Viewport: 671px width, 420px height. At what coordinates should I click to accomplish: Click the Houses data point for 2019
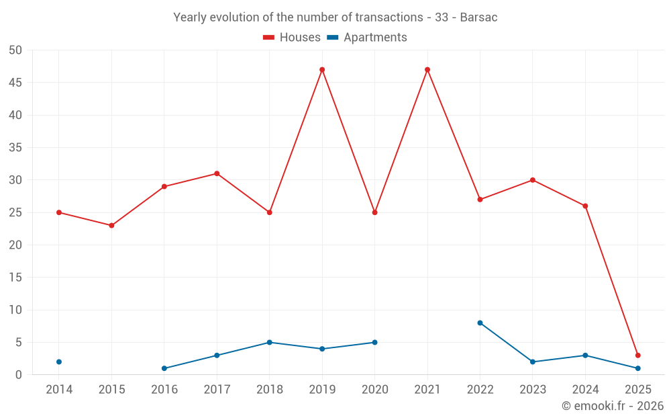[x=322, y=70]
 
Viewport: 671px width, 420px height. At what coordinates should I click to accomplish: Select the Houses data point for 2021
[x=427, y=70]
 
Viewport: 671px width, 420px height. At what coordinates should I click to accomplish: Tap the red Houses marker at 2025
[x=637, y=355]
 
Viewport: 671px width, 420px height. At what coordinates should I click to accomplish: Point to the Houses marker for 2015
[x=111, y=226]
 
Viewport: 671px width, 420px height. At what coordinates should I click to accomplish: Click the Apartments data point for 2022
[x=480, y=323]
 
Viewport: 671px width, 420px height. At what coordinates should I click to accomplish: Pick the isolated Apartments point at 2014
[x=59, y=362]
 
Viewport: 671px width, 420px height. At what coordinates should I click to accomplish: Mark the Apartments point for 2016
[x=164, y=368]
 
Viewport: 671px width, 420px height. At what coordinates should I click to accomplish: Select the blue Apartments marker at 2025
[x=637, y=368]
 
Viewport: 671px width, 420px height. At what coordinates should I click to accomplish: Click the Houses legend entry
[x=292, y=38]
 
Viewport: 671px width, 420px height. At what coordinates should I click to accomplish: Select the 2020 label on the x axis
[x=374, y=390]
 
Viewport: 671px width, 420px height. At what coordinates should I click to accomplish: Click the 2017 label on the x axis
[x=217, y=390]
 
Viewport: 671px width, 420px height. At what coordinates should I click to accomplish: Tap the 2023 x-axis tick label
[x=532, y=390]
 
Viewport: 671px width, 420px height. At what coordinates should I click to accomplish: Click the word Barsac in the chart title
[x=478, y=17]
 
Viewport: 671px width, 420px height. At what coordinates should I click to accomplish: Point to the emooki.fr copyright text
[x=613, y=406]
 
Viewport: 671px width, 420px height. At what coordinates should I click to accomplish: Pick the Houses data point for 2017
[x=217, y=173]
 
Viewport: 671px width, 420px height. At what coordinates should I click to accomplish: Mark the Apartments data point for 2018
[x=269, y=343]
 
